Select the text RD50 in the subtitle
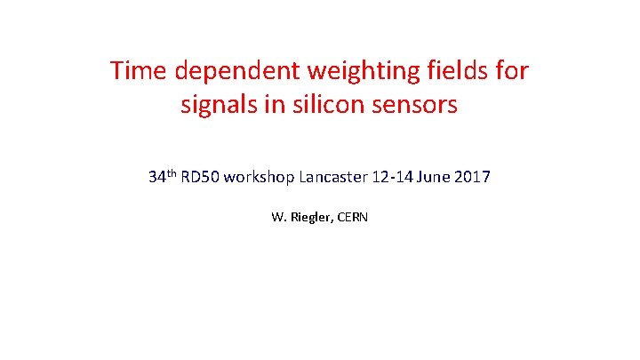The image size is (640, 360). (x=200, y=177)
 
